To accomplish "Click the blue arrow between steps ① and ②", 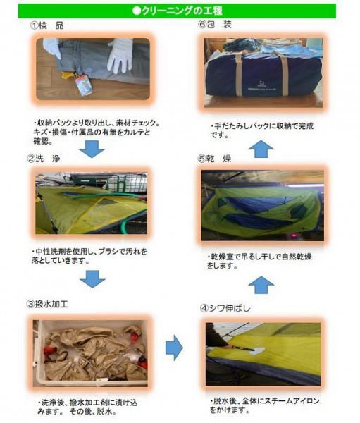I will tap(92, 147).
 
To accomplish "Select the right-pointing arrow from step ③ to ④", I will tap(173, 347).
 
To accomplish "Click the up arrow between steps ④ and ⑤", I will tap(262, 284).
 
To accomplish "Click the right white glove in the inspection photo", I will tap(120, 55).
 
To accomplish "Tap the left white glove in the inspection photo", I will tap(52, 48).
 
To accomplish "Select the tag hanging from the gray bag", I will tap(83, 85).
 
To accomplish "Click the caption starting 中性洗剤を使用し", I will tap(91, 255).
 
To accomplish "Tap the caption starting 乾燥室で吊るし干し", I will tap(261, 260).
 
